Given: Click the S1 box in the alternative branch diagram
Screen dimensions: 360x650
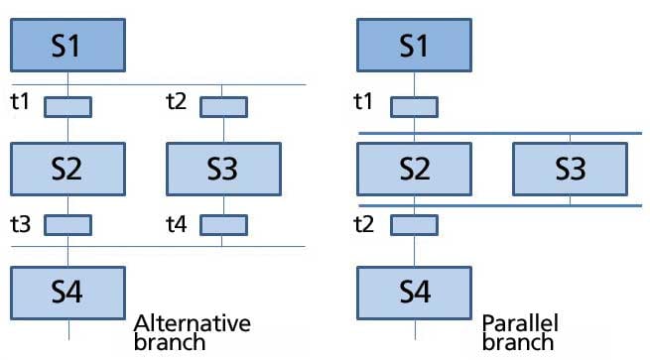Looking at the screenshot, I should tap(67, 46).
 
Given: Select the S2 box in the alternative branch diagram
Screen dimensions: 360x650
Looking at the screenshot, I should tap(67, 169).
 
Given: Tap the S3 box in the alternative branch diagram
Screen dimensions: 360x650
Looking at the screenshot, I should tap(222, 169).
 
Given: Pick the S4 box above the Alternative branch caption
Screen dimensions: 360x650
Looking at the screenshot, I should tap(67, 292).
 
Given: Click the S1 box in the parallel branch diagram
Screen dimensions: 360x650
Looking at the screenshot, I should tap(415, 46).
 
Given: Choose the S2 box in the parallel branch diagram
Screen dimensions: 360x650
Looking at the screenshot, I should tap(415, 169).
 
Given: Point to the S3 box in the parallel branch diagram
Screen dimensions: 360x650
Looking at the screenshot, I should tap(570, 169).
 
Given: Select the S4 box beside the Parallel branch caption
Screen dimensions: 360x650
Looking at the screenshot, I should tap(415, 292).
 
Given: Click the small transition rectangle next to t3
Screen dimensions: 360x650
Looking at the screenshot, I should tap(67, 225).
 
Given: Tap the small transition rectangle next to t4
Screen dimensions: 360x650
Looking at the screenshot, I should tap(223, 225).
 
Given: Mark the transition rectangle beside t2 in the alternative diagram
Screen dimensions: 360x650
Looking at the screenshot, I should tap(223, 105).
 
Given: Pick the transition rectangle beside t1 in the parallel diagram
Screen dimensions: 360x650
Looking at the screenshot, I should tap(415, 105).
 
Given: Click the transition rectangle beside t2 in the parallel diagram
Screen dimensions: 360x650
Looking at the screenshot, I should tap(415, 225).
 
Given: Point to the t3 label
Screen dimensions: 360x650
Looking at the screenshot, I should tap(21, 225).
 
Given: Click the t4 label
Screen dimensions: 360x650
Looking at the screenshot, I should tap(177, 225).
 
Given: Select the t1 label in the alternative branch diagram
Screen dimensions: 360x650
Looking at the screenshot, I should tap(21, 101).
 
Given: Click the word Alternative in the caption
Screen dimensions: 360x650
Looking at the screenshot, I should tap(192, 324).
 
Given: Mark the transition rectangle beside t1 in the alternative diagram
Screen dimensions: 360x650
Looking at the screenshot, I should tap(67, 105).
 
